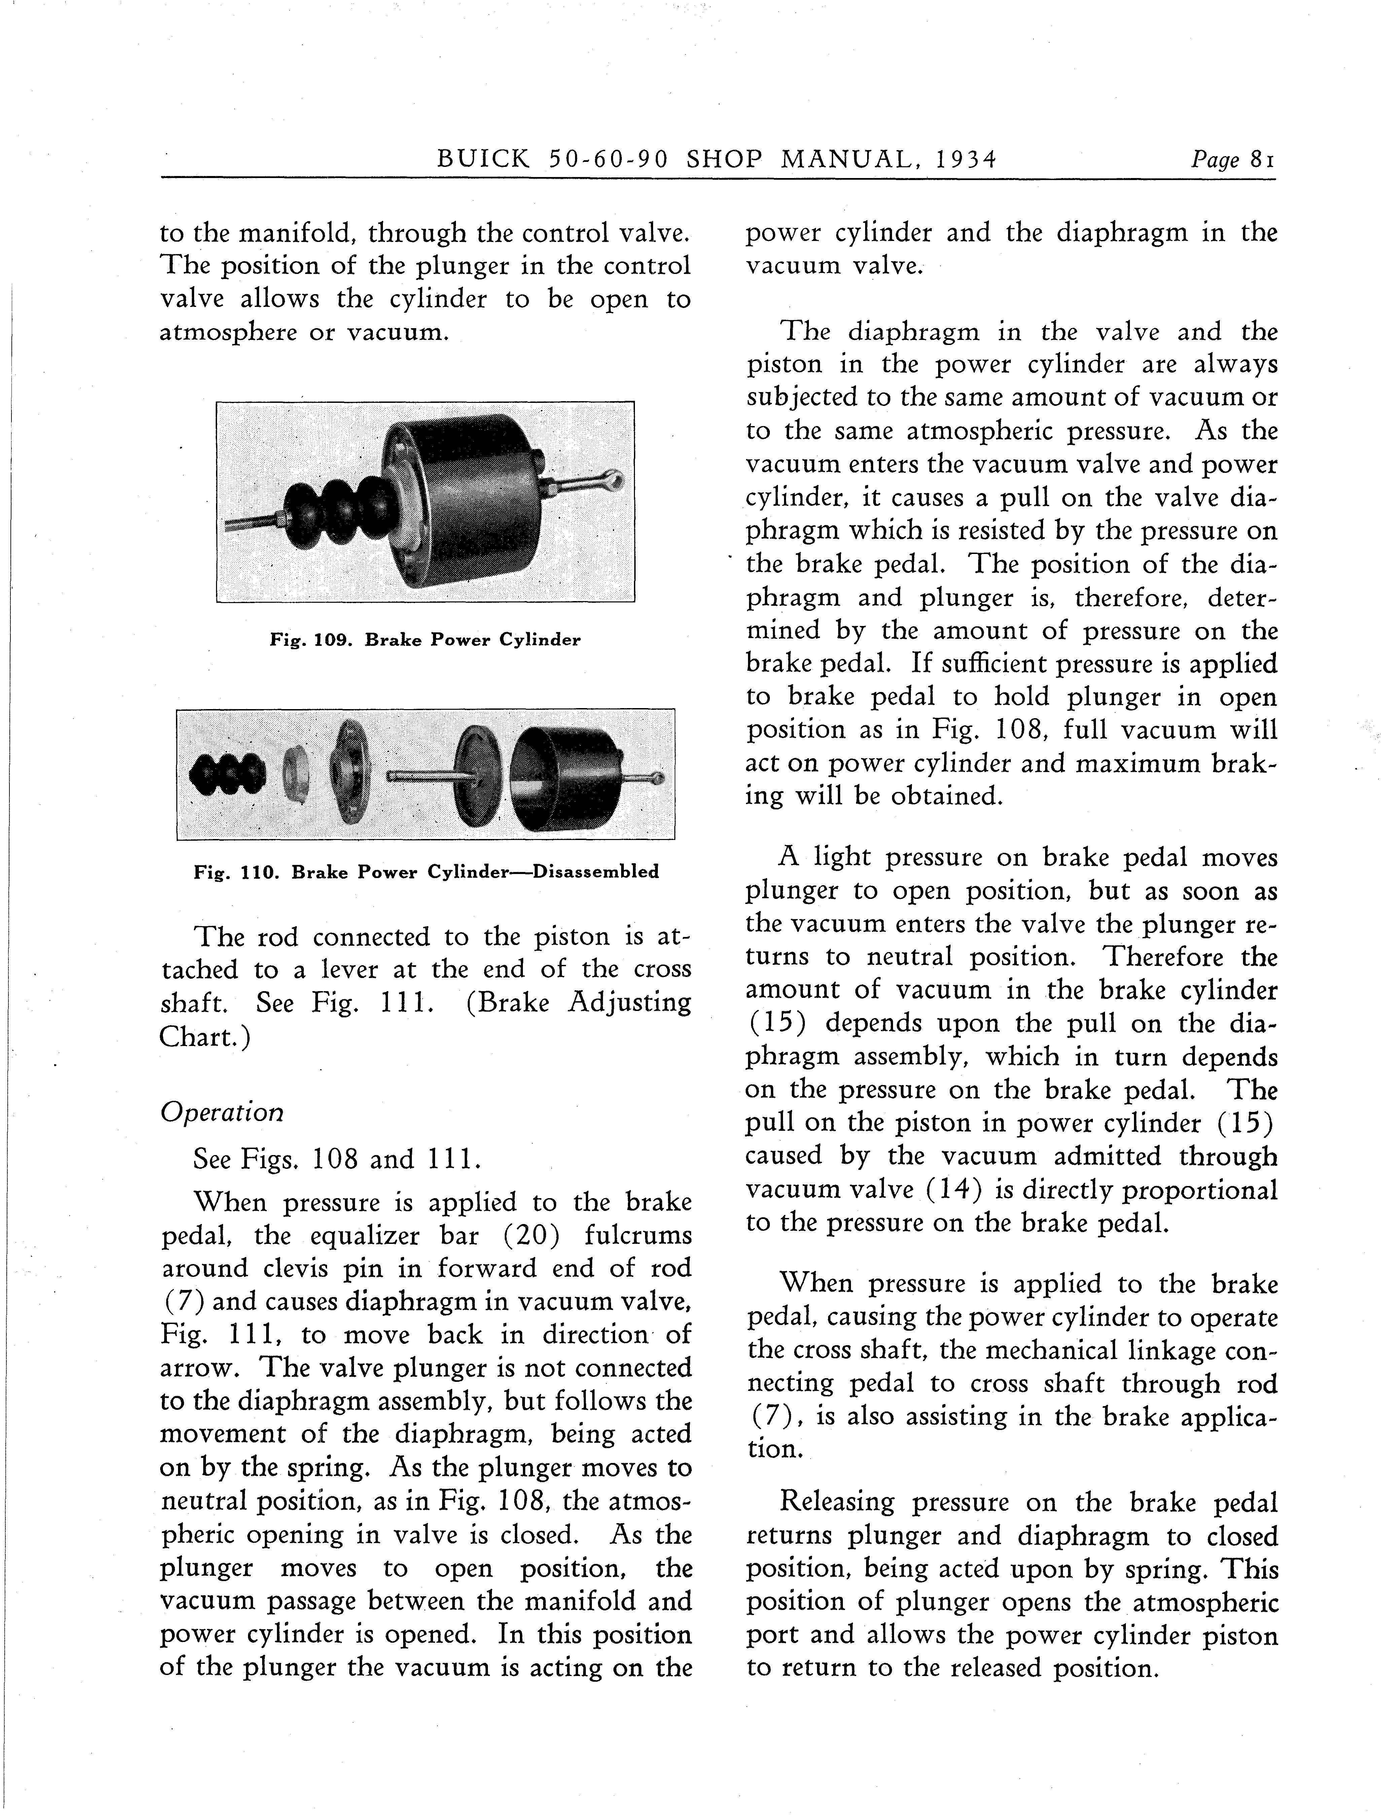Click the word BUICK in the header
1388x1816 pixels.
[483, 159]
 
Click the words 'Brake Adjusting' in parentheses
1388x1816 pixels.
[578, 1003]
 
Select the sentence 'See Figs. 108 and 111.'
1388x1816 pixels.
[336, 1159]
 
